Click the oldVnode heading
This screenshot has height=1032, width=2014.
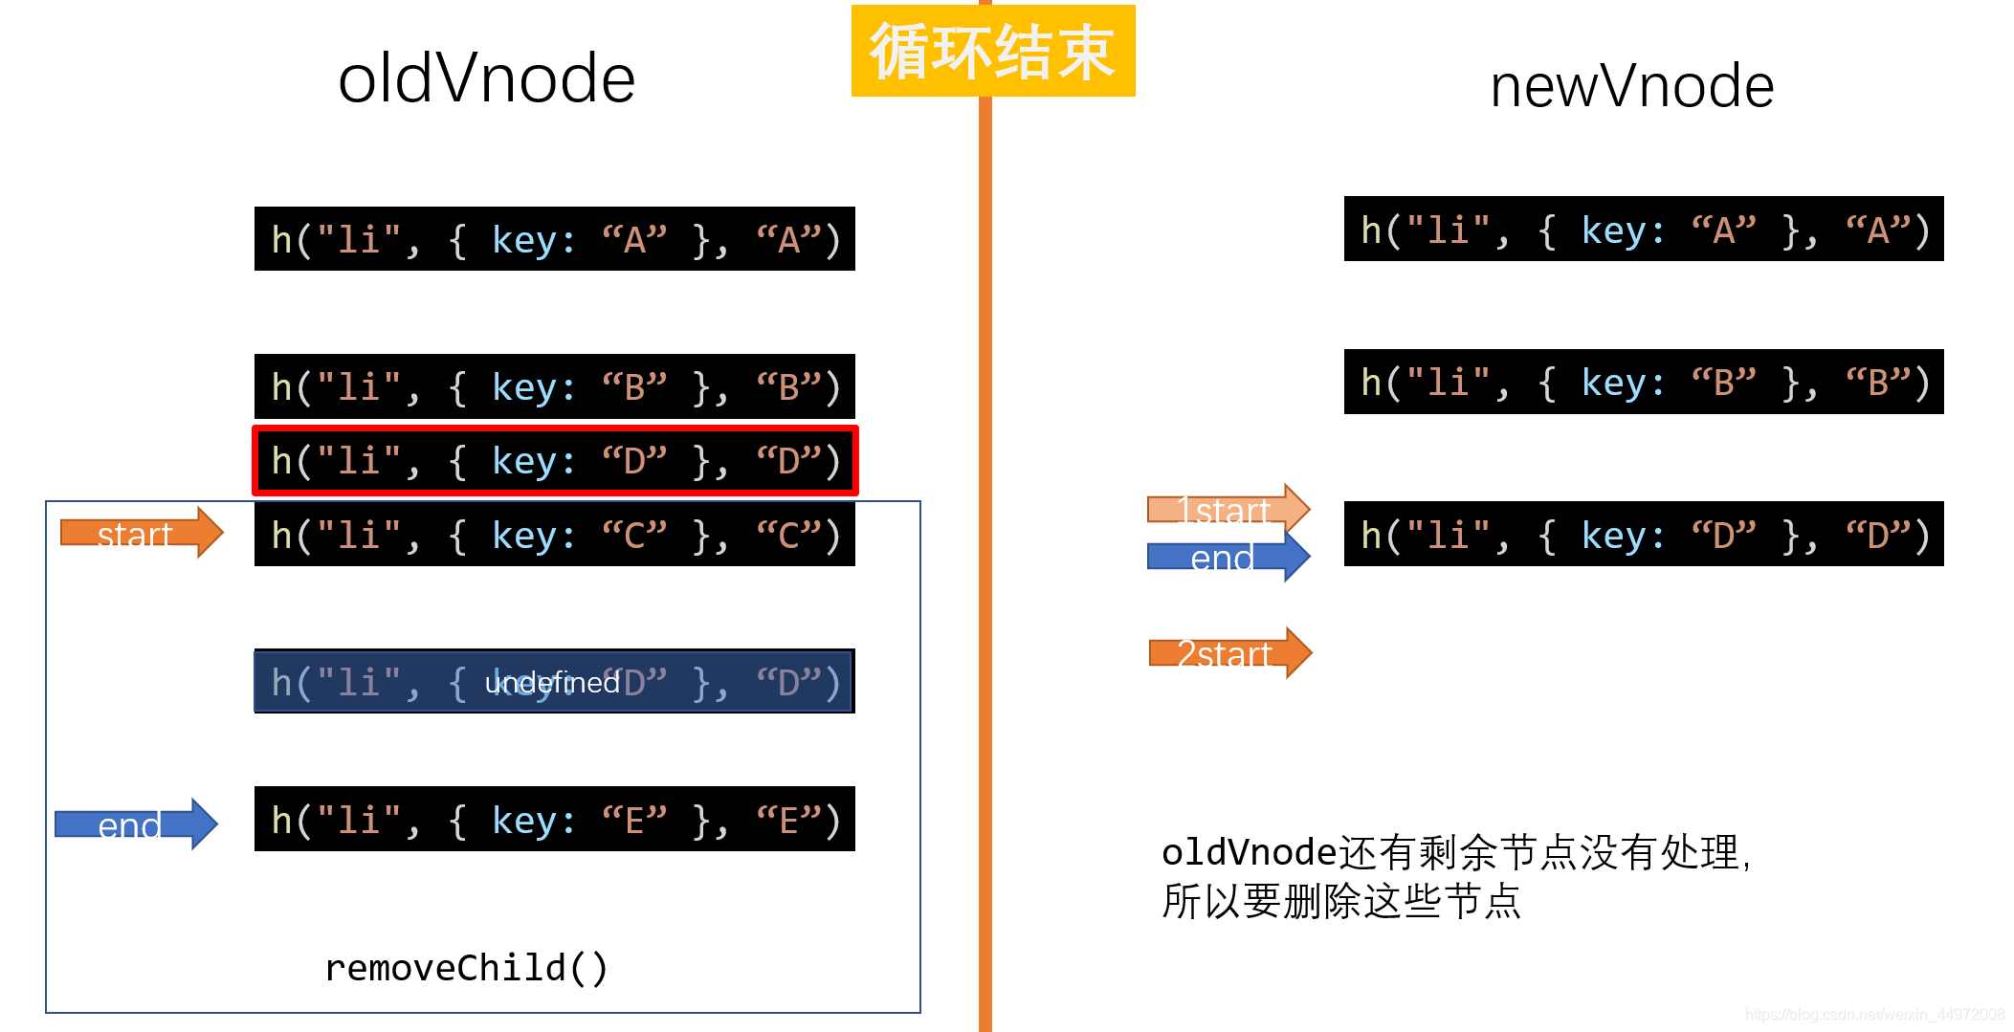pos(486,78)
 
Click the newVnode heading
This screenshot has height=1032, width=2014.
pos(1631,86)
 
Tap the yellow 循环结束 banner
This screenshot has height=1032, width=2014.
pos(993,51)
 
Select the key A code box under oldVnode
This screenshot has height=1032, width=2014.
pos(554,239)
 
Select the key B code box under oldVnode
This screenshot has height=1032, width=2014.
pos(554,386)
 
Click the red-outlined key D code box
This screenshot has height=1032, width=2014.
pos(554,461)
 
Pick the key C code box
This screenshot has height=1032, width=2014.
pos(554,535)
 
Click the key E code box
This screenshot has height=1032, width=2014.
pos(554,820)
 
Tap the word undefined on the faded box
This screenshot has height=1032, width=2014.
pos(552,683)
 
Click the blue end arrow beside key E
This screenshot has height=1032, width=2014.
pos(135,823)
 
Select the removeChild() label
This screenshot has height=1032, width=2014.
pos(466,968)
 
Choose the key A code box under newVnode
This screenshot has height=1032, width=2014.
pos(1643,230)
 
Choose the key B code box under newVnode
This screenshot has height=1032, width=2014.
pos(1643,382)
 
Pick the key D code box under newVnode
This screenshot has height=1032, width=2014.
pos(1643,535)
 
